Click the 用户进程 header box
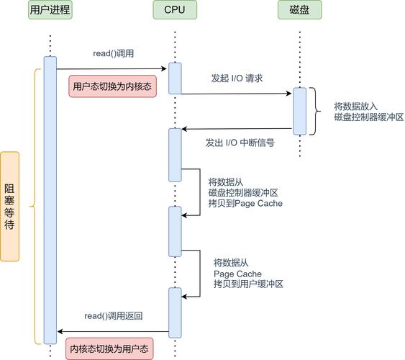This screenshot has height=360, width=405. pos(50,10)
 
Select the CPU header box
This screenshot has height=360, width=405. pos(175,10)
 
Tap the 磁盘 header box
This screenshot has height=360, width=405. pos(299,10)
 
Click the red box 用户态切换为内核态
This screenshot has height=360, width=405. pos(112,86)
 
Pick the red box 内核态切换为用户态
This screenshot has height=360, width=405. pos(110,348)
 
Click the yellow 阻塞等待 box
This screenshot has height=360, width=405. pos(9,206)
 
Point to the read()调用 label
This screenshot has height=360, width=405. pos(114,55)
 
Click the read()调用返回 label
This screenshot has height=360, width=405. pos(113,316)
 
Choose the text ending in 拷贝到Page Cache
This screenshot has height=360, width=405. pos(245,192)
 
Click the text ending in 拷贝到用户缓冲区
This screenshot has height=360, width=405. pos(248,274)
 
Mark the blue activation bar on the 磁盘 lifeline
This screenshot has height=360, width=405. pos(299,110)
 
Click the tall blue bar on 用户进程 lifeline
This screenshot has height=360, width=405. pos(50,200)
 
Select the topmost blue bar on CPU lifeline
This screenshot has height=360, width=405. pos(175,78)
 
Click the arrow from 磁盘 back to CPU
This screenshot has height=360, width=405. pos(237,129)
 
